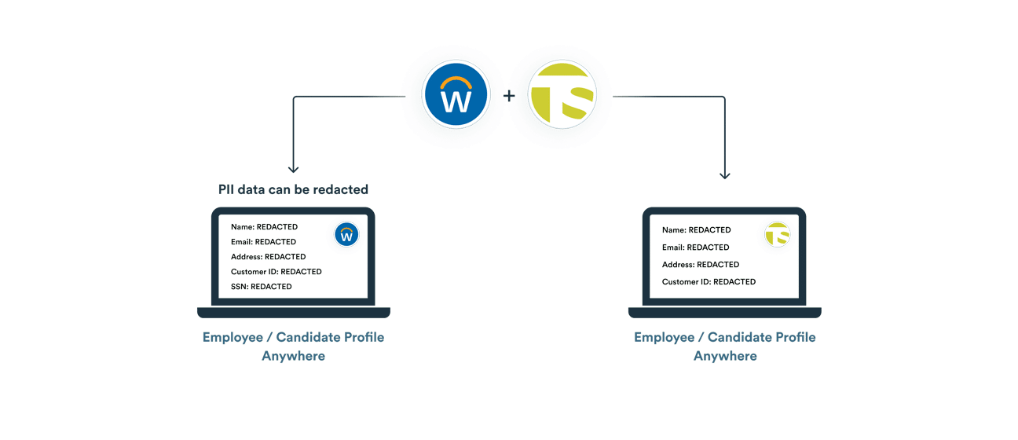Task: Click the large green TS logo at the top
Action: click(x=562, y=97)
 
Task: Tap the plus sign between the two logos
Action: click(x=509, y=97)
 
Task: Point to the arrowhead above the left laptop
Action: click(x=294, y=167)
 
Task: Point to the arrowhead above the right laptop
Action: click(x=724, y=174)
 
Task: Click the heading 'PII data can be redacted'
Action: click(x=293, y=189)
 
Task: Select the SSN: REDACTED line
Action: click(x=261, y=287)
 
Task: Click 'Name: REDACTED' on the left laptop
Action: click(x=264, y=227)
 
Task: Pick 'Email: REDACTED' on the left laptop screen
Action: click(x=263, y=242)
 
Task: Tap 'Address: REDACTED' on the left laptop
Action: click(x=268, y=257)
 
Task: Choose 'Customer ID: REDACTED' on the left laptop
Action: click(x=276, y=272)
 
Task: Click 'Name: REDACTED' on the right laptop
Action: click(x=696, y=230)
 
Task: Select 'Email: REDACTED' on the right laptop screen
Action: click(x=695, y=247)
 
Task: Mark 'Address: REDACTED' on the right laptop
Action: click(x=700, y=265)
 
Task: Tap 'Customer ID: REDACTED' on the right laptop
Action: click(x=709, y=281)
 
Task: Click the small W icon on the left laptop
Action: click(x=346, y=234)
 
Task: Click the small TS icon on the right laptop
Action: click(x=777, y=234)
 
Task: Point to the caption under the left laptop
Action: click(x=294, y=346)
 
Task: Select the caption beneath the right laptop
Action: click(x=724, y=346)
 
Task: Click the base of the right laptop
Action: click(x=724, y=313)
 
